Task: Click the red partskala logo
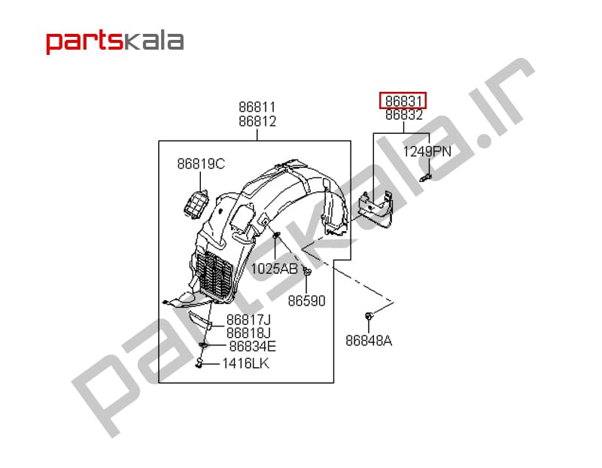[115, 42]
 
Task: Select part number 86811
[257, 107]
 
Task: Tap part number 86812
[257, 121]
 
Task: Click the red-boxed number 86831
[403, 101]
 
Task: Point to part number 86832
[404, 115]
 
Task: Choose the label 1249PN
[427, 152]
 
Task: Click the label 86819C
[201, 164]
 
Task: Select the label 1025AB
[274, 269]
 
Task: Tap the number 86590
[306, 301]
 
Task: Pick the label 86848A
[369, 341]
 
